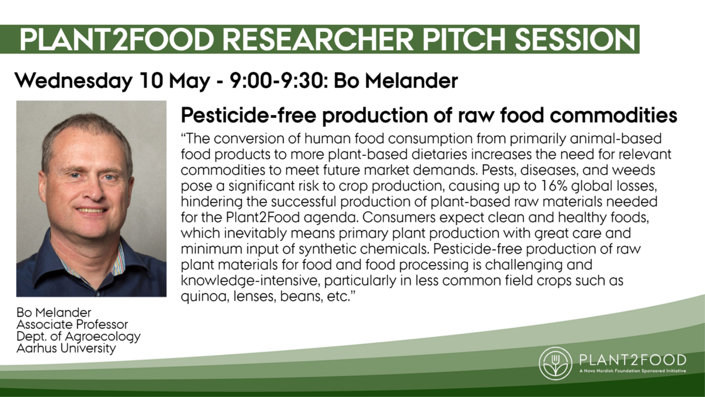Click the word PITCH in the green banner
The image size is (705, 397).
pyautogui.click(x=464, y=39)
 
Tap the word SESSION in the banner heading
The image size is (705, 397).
pyautogui.click(x=575, y=39)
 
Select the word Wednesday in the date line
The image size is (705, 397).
pyautogui.click(x=73, y=81)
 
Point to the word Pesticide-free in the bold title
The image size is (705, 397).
pyautogui.click(x=249, y=115)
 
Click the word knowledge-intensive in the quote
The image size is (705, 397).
pyautogui.click(x=249, y=281)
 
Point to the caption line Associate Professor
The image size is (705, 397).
pyautogui.click(x=72, y=325)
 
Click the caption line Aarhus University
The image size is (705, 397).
pyautogui.click(x=66, y=348)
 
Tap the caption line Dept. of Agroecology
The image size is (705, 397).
pyautogui.click(x=78, y=337)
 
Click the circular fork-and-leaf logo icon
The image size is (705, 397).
pyautogui.click(x=556, y=363)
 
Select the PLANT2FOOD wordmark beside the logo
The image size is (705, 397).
pyautogui.click(x=632, y=360)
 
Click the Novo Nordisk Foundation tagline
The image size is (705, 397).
pyautogui.click(x=632, y=371)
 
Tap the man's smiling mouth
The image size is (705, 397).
pyautogui.click(x=91, y=210)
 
